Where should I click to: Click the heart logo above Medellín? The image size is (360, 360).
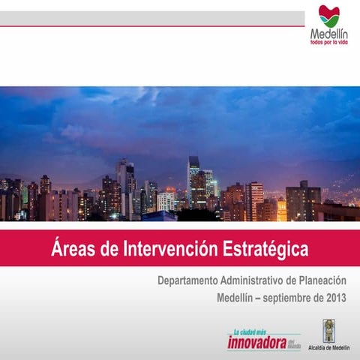[328, 15]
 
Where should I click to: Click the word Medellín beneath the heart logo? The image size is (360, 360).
[328, 34]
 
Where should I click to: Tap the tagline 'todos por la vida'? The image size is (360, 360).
[328, 43]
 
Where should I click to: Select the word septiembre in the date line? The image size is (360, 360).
[289, 297]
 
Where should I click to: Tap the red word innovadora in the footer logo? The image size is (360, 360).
[256, 343]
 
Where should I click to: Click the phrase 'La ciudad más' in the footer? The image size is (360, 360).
[250, 331]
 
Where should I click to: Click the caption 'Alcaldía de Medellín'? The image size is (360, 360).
[329, 349]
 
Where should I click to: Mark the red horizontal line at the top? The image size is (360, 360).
[150, 26]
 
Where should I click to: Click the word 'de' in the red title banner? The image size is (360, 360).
[116, 248]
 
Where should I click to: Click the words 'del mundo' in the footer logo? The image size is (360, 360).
[294, 344]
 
